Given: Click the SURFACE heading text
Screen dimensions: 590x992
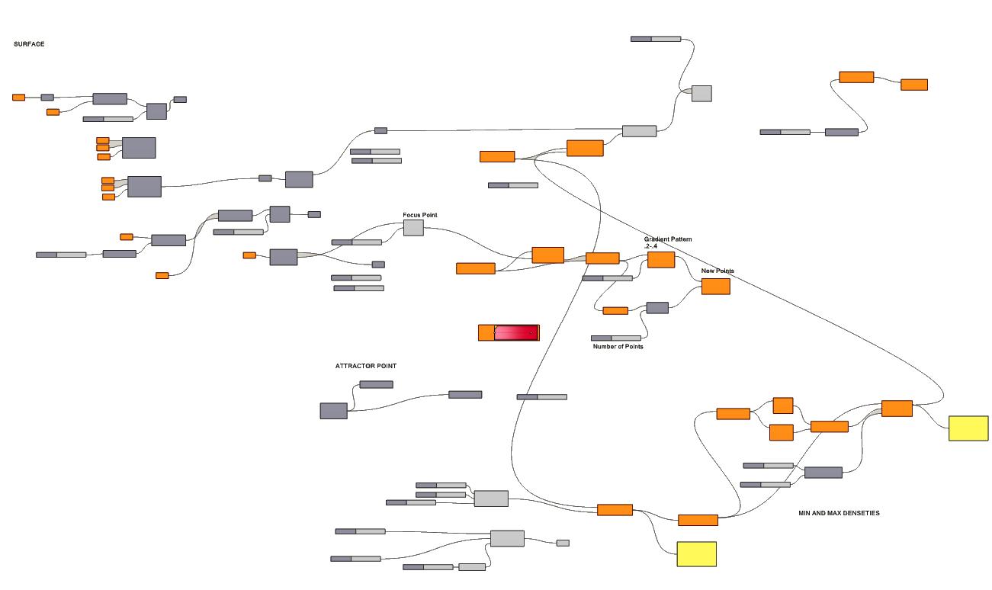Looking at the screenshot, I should coord(29,44).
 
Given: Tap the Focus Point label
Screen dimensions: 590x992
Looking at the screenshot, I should coord(420,215).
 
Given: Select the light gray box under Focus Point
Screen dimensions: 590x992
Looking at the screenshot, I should coord(413,227).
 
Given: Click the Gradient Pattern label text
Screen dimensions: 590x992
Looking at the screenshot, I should coord(667,239).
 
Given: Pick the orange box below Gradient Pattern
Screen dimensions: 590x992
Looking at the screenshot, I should coord(661,260).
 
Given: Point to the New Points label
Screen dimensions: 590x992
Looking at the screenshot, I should coord(718,271).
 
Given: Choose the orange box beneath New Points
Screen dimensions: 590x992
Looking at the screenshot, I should coord(715,287).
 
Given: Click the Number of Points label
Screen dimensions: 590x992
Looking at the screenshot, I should coord(618,347).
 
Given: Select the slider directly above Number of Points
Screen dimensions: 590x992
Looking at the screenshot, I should coord(616,338).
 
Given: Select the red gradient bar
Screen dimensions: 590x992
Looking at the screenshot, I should coord(516,332).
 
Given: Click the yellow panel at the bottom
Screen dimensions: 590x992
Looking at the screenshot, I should coord(696,554).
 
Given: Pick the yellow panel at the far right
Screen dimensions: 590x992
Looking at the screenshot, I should coord(968,428).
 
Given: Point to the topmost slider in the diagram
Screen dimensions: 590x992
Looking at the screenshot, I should coord(656,39).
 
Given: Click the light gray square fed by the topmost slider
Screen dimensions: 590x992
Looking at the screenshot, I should coord(701,94).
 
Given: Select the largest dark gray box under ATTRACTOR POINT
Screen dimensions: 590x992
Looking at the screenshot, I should coord(333,411).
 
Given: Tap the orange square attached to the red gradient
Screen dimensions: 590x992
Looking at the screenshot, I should coord(486,332).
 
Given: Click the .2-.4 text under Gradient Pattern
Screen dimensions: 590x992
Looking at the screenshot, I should coord(650,246).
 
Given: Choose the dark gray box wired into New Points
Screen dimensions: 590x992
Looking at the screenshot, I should coord(657,308).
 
